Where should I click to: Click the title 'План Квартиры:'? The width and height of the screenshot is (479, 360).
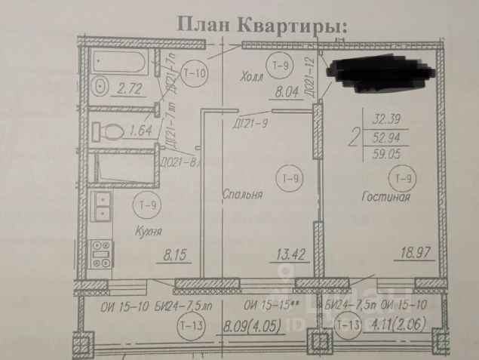tap(261, 24)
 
